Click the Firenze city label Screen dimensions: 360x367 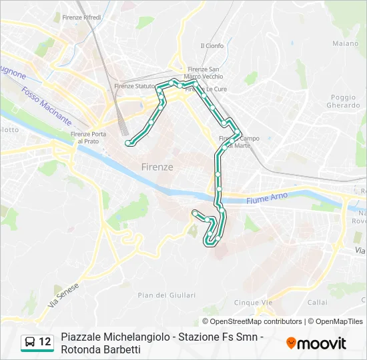[157, 167]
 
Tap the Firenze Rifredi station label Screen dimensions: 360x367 [81, 17]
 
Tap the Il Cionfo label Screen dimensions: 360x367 [212, 46]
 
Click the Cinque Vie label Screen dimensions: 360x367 [254, 302]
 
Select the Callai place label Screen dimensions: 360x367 [318, 302]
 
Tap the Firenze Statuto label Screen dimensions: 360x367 [133, 86]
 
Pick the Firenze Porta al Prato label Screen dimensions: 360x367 [88, 137]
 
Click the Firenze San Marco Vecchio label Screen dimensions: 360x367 [205, 73]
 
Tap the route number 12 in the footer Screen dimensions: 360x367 [45, 342]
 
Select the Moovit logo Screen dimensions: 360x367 [316, 343]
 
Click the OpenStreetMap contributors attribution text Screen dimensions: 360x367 [252, 321]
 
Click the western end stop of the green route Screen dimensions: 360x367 [128, 143]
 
